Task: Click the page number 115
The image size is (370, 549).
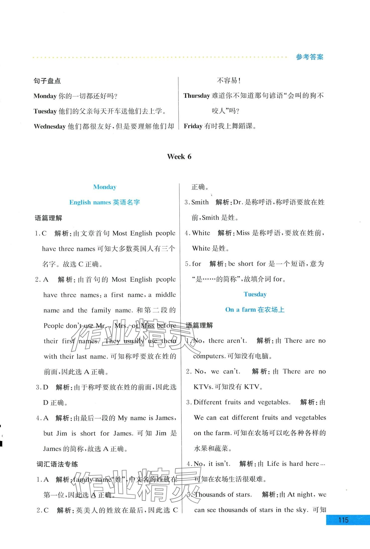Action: pyautogui.click(x=343, y=520)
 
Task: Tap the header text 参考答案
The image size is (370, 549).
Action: pyautogui.click(x=310, y=57)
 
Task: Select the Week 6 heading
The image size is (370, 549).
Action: pyautogui.click(x=179, y=157)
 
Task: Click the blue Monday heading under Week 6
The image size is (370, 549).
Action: pyautogui.click(x=105, y=187)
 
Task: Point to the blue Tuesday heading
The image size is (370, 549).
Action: pyautogui.click(x=255, y=294)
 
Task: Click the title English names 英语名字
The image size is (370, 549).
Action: pyautogui.click(x=105, y=202)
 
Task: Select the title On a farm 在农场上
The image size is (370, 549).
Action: pyautogui.click(x=255, y=310)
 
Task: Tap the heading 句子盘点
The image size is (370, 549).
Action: pyautogui.click(x=47, y=81)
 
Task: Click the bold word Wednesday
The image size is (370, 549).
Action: pyautogui.click(x=50, y=126)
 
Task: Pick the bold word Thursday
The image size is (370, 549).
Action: pyautogui.click(x=197, y=96)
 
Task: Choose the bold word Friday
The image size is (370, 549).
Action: pyautogui.click(x=193, y=126)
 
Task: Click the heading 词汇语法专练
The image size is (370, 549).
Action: pyautogui.click(x=57, y=464)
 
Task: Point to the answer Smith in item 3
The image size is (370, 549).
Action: pyautogui.click(x=200, y=202)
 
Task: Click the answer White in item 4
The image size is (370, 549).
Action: pyautogui.click(x=201, y=233)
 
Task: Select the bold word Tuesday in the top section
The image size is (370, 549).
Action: pyautogui.click(x=45, y=111)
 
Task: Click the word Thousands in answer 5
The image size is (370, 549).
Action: pyautogui.click(x=210, y=494)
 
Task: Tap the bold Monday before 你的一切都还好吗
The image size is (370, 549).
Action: pyautogui.click(x=45, y=96)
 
